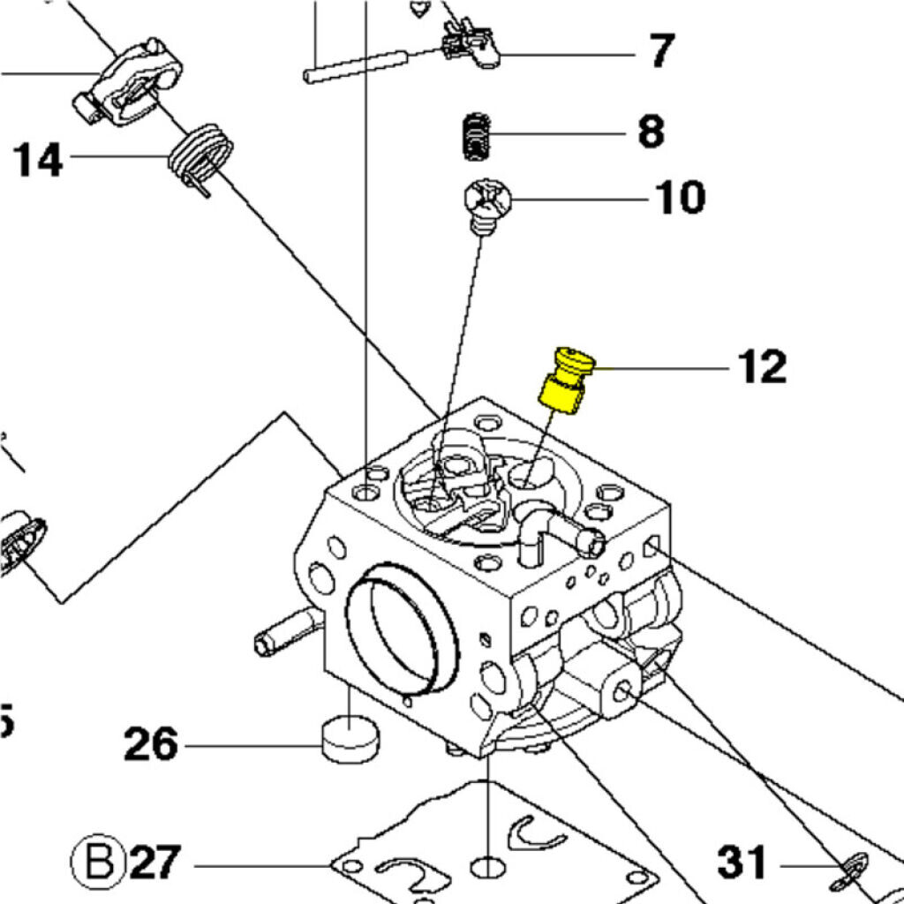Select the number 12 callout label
point(762,365)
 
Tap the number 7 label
point(662,51)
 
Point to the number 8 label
point(651,133)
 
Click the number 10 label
point(679,198)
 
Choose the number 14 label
point(38,161)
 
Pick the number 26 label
point(150,744)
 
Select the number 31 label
point(742,863)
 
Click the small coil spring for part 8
point(477,137)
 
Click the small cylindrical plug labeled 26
point(351,740)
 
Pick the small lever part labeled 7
point(468,44)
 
